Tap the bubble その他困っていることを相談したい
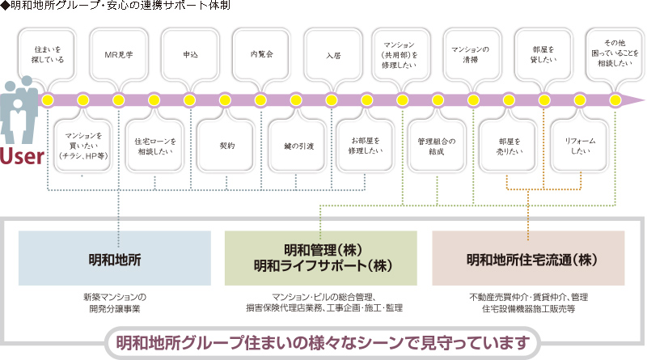[615, 53]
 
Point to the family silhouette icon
[18, 111]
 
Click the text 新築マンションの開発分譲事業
[115, 303]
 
